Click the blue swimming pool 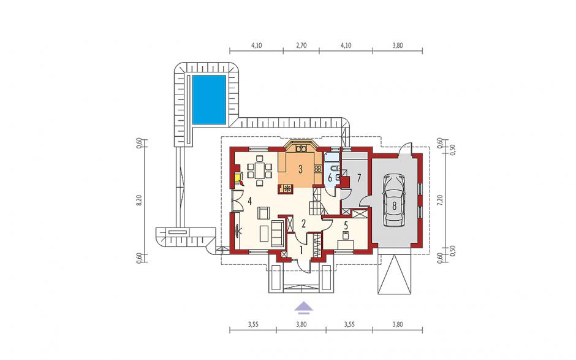coord(209,99)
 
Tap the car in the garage coord(394,200)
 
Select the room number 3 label coord(300,169)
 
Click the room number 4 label coord(249,201)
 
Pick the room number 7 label coord(359,178)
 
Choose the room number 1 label coord(301,251)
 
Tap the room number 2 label coord(303,223)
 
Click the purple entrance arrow coord(303,307)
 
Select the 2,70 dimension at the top coord(301,45)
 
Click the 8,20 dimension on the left coord(139,201)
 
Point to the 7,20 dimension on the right coord(441,201)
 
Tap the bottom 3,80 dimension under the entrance coord(301,324)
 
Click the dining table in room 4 coord(259,170)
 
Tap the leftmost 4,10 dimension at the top coord(256,45)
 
